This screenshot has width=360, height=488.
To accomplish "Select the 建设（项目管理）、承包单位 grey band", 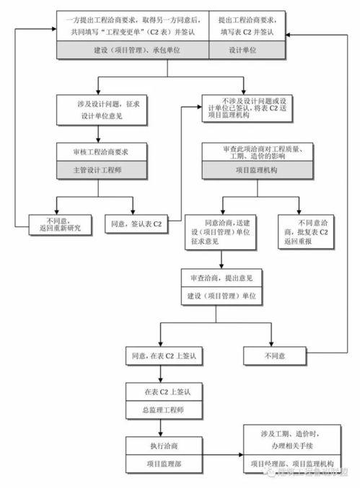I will tap(132, 50).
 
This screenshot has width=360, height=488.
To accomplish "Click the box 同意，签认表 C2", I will tap(137, 224).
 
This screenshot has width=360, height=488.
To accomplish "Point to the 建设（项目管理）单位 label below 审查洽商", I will tap(222, 296).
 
